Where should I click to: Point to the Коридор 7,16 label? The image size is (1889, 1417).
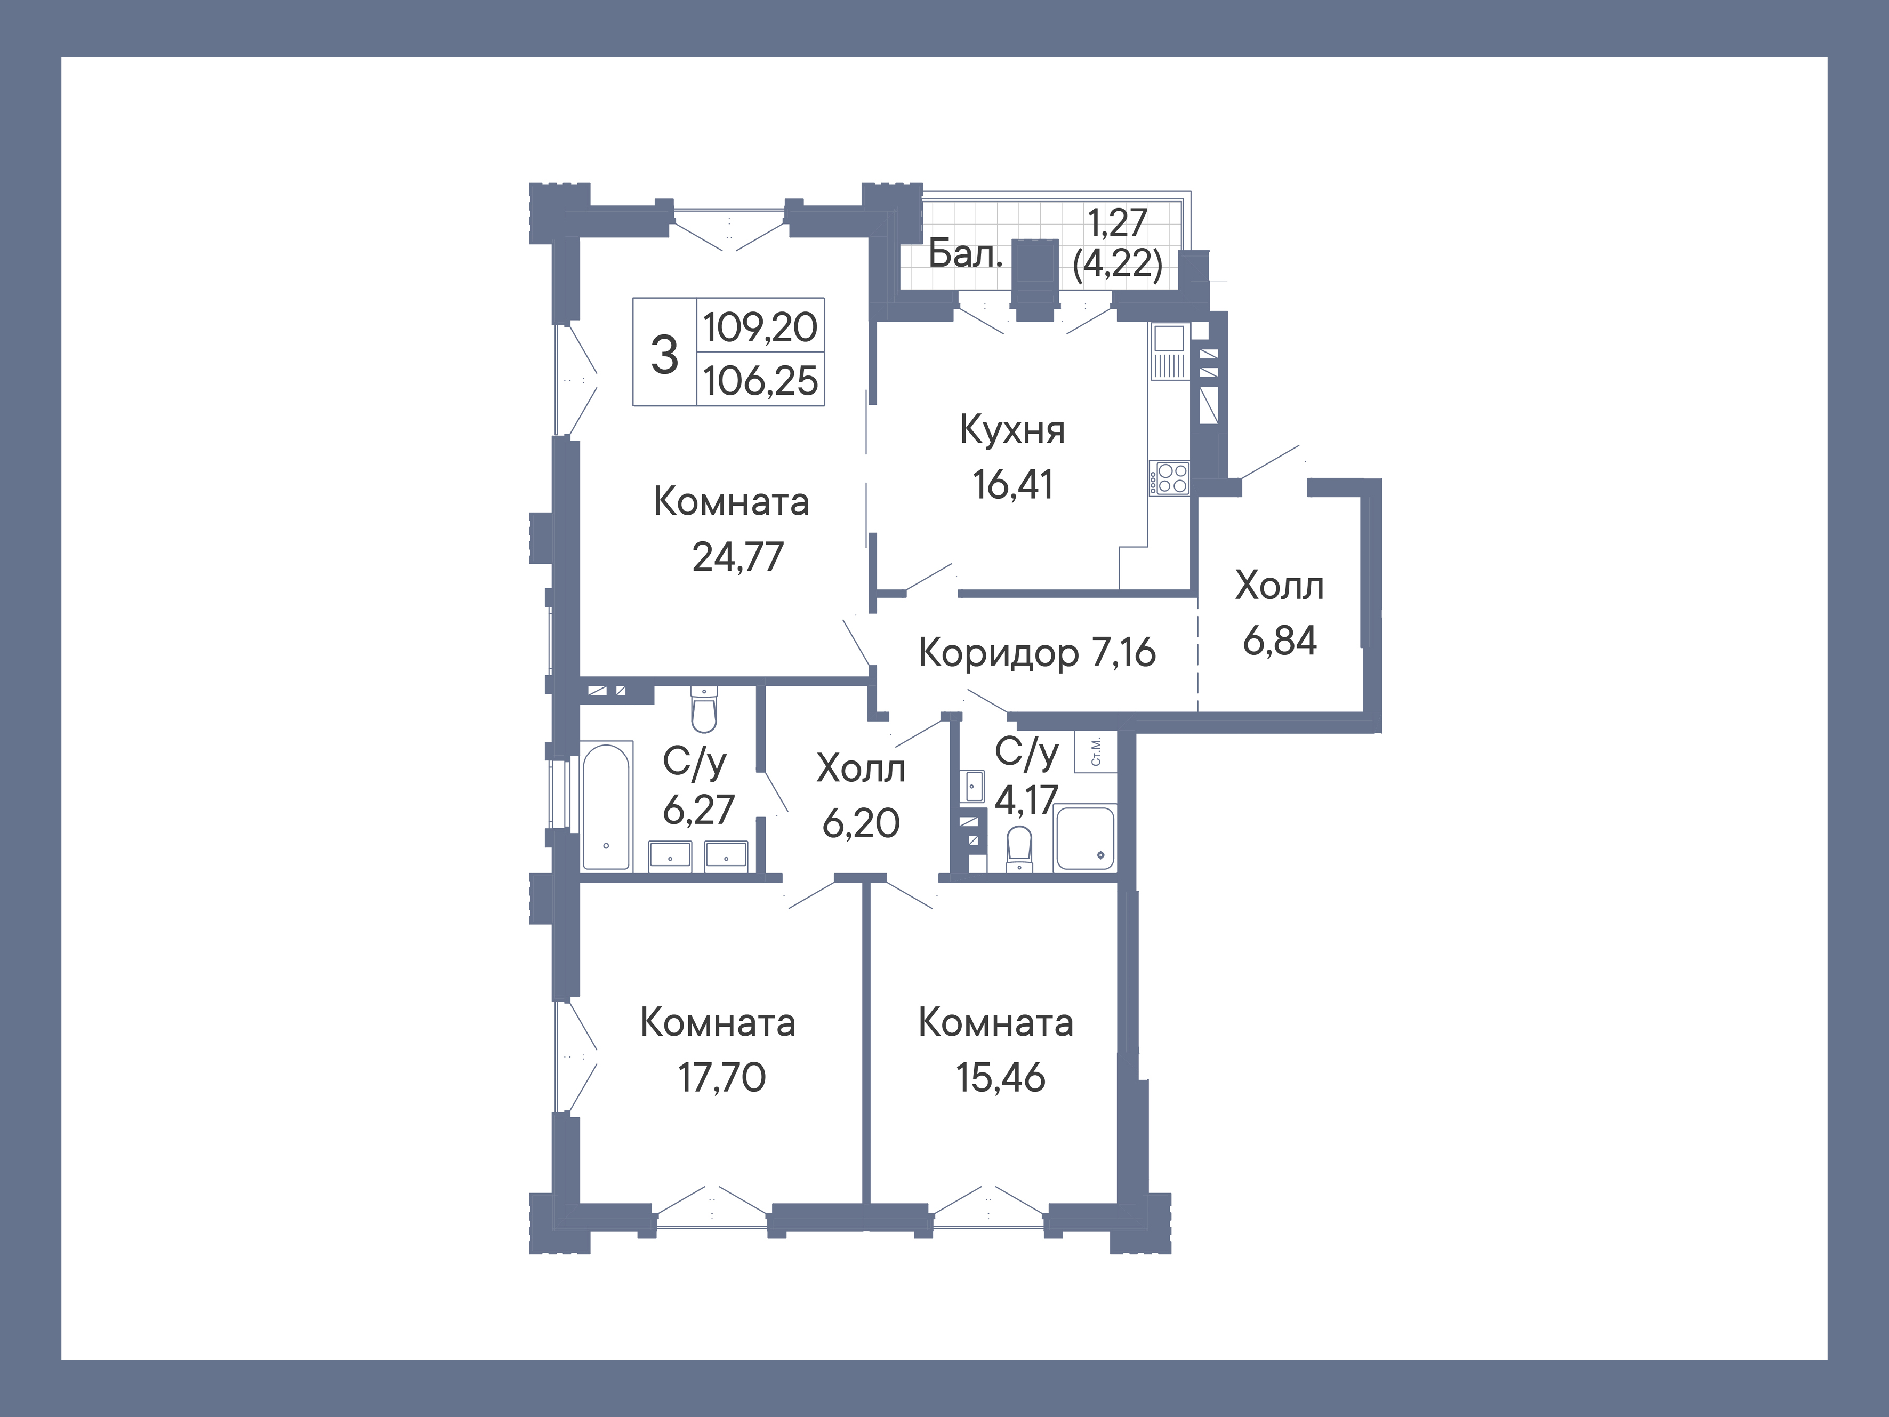(1038, 653)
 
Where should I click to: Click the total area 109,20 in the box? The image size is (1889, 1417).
(760, 327)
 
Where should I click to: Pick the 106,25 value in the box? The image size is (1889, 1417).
(761, 381)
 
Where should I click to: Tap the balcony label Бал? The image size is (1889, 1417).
(965, 254)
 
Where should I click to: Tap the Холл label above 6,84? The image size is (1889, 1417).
(1279, 587)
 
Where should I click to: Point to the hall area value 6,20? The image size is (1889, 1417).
(861, 823)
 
